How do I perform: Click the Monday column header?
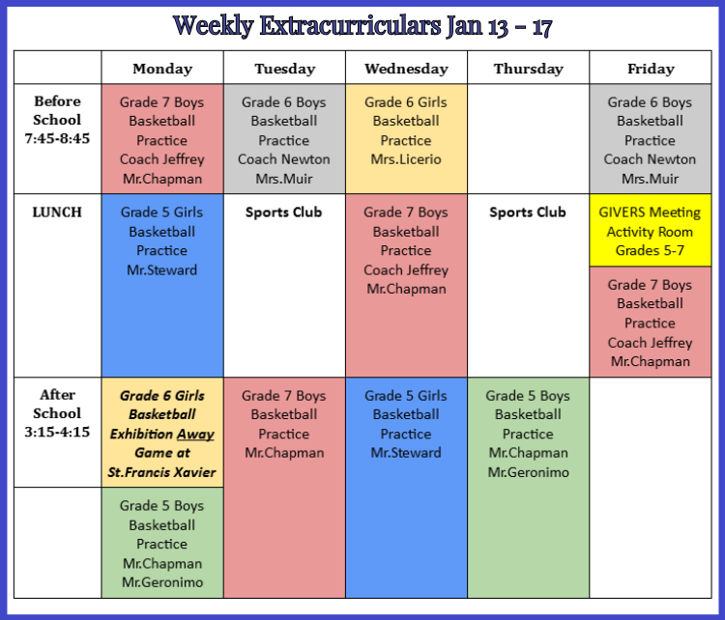tap(162, 69)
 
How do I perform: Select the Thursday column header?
tap(529, 69)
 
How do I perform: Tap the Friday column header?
tap(651, 69)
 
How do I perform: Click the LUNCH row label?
tap(57, 212)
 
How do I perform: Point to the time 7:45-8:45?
tap(57, 138)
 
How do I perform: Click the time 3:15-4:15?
tap(57, 432)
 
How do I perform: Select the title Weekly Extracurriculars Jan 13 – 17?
tap(362, 26)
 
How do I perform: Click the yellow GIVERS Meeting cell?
tap(651, 230)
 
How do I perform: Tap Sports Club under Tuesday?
tap(284, 212)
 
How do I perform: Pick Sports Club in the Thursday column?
tap(528, 212)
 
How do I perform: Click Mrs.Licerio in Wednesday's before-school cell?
tap(406, 159)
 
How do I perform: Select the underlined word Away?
tap(195, 435)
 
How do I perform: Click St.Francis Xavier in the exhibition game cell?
tap(161, 472)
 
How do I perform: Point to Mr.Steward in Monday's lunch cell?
tap(161, 269)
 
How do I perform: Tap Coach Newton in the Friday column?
tap(650, 159)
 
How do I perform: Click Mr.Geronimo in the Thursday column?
tap(528, 472)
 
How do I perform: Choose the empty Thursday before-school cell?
tap(529, 139)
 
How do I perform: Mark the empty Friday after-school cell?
tap(651, 488)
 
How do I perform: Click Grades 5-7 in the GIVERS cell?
tap(650, 250)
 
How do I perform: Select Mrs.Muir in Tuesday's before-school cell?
tap(284, 179)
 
